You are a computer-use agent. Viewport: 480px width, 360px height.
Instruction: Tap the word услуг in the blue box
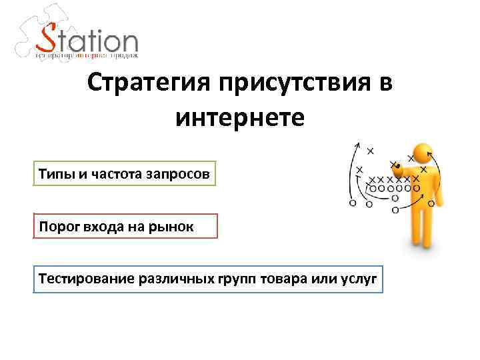tap(361, 279)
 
